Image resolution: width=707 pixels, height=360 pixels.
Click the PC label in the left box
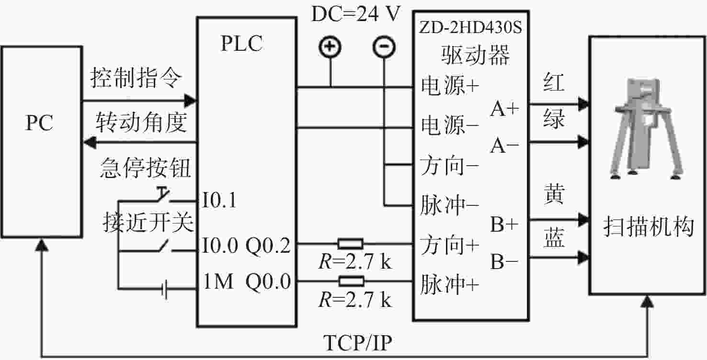pos(39,123)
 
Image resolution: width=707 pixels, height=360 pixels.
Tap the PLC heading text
pos(242,43)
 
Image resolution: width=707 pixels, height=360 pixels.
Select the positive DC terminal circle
pos(330,47)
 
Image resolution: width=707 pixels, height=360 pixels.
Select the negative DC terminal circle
pos(384,47)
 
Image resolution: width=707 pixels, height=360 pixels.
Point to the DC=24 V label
pos(356,14)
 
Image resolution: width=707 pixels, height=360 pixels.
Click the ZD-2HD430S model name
pos(470,27)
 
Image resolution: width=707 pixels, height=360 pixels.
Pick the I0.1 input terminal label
pos(219,200)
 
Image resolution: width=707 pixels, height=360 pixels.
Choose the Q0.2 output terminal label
pos(268,246)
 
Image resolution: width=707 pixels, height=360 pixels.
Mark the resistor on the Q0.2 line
pos(350,244)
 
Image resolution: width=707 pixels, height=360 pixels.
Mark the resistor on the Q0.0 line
pos(351,281)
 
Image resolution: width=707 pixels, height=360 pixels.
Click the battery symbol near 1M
pos(164,289)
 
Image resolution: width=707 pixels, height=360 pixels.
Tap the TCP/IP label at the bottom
pos(358,343)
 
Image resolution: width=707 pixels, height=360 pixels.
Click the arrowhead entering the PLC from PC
pos(190,101)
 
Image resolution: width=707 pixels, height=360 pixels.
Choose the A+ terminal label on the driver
pos(504,109)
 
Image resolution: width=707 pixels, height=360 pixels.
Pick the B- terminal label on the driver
pos(504,262)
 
